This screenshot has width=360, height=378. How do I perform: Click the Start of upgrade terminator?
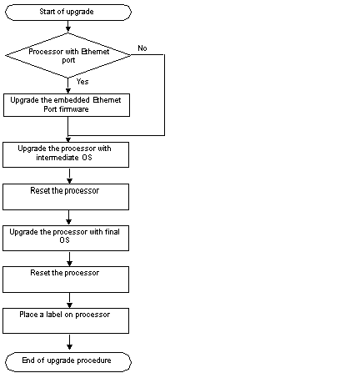click(68, 13)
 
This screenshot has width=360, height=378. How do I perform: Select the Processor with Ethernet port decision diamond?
click(68, 55)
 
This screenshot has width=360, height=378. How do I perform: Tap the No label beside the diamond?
click(142, 48)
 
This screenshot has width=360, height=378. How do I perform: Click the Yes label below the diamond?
click(82, 82)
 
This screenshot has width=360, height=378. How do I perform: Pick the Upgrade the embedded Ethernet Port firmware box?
click(67, 105)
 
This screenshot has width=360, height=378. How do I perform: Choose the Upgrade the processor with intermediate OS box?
click(66, 154)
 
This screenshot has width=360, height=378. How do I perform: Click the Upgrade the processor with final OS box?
click(66, 238)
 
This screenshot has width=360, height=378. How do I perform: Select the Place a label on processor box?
click(66, 320)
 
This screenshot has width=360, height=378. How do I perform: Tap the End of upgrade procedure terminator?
click(68, 362)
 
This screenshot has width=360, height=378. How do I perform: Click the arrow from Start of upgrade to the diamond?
click(68, 27)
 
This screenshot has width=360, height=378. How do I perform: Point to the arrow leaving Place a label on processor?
click(69, 342)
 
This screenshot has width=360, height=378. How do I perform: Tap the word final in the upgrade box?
click(112, 232)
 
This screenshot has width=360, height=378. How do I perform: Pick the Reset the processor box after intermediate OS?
click(66, 197)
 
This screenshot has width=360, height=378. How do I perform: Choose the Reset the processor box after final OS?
click(66, 280)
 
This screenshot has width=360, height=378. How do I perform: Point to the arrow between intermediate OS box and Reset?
click(69, 176)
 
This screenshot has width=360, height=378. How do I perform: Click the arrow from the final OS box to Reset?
click(69, 260)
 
